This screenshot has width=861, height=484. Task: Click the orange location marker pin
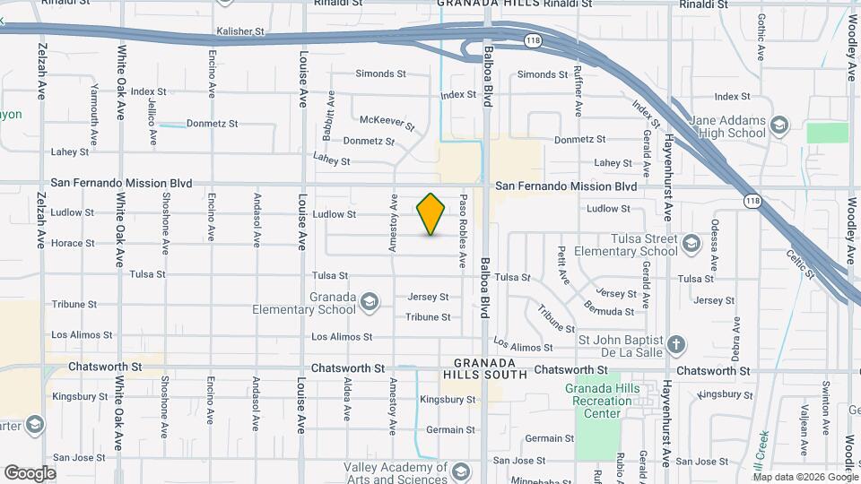431,214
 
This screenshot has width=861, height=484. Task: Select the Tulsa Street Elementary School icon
691,244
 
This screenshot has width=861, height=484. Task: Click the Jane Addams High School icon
778,125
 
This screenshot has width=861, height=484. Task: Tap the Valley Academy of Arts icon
460,472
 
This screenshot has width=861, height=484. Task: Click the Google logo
30,472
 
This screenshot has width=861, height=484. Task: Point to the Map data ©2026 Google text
805,476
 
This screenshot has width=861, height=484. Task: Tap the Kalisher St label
241,31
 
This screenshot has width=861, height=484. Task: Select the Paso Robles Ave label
463,230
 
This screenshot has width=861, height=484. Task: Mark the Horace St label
73,243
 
